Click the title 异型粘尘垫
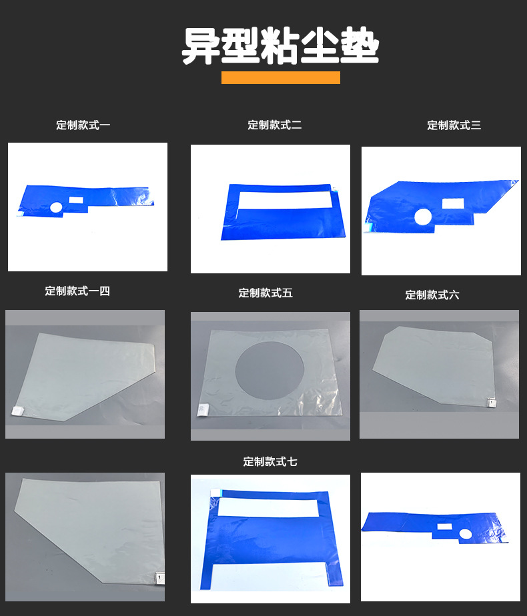pyautogui.click(x=280, y=47)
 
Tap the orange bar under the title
pyautogui.click(x=280, y=77)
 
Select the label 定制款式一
pyautogui.click(x=83, y=125)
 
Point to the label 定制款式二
pyautogui.click(x=275, y=125)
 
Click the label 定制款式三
pyautogui.click(x=454, y=125)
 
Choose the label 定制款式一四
pyautogui.click(x=77, y=291)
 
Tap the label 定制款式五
pyautogui.click(x=266, y=293)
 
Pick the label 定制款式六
pyautogui.click(x=432, y=295)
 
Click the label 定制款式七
pyautogui.click(x=270, y=461)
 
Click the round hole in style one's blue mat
pyautogui.click(x=56, y=208)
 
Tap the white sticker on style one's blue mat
pyautogui.click(x=75, y=199)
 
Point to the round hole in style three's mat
pyautogui.click(x=423, y=217)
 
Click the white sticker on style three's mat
pyautogui.click(x=454, y=203)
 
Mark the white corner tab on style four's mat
pyautogui.click(x=18, y=412)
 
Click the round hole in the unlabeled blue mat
pyautogui.click(x=464, y=532)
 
